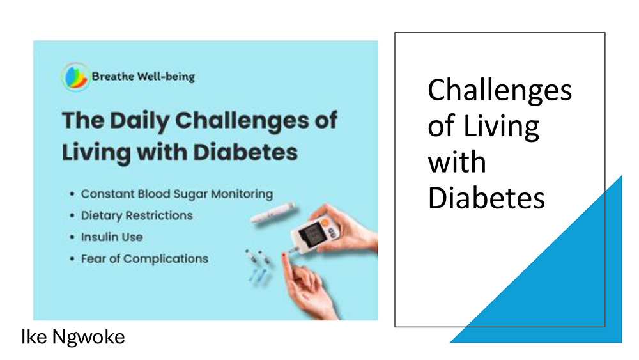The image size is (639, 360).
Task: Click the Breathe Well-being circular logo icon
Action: [x=75, y=77]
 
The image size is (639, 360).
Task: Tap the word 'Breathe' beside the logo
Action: [x=113, y=76]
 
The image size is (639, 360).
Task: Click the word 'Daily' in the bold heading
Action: [x=139, y=121]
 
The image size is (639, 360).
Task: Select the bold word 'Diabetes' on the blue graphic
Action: [x=245, y=152]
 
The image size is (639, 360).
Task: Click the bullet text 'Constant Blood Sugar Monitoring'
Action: [x=177, y=194]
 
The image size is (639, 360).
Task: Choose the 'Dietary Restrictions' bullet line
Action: [x=137, y=215]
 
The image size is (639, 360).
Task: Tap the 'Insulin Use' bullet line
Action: [x=112, y=237]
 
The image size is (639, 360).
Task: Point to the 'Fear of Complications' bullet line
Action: [x=144, y=258]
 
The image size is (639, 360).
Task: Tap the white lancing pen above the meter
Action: [x=273, y=212]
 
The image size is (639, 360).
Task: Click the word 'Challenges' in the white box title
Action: [x=500, y=91]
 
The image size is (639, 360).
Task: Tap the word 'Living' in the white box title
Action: [x=501, y=127]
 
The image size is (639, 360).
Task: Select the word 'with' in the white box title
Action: [x=457, y=162]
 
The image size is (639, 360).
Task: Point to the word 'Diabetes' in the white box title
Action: [x=486, y=198]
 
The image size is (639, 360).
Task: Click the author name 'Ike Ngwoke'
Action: [x=73, y=337]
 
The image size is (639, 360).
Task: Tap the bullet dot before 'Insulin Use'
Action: [x=72, y=237]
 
